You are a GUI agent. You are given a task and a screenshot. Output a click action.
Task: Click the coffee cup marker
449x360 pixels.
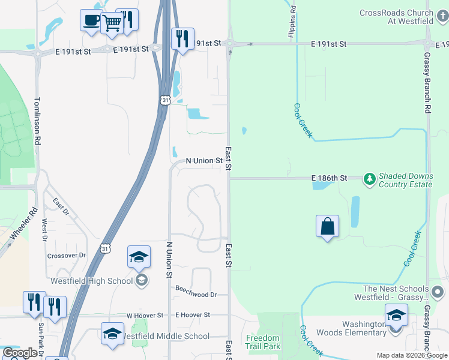pyautogui.click(x=91, y=20)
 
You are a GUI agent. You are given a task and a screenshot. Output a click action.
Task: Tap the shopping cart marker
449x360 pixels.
pyautogui.click(x=111, y=23)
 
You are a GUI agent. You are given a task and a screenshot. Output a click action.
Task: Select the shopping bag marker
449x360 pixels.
pyautogui.click(x=327, y=227)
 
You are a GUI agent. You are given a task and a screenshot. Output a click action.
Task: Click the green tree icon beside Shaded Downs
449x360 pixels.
pyautogui.click(x=369, y=179)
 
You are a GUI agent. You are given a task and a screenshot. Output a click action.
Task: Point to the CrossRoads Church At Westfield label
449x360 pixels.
pyautogui.click(x=396, y=17)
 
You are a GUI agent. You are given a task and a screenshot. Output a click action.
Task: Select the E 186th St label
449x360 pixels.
pyautogui.click(x=329, y=178)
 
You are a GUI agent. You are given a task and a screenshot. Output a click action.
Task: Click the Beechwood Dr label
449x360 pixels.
pyautogui.click(x=196, y=295)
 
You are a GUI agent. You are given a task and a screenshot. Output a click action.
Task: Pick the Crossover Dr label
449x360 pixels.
pyautogui.click(x=67, y=256)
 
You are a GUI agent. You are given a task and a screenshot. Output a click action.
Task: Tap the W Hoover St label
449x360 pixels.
pyautogui.click(x=145, y=315)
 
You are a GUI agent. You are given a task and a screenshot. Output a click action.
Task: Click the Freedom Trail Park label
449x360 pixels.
pyautogui.click(x=263, y=342)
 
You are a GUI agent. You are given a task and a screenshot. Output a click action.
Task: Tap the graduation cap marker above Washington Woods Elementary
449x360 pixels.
pyautogui.click(x=396, y=314)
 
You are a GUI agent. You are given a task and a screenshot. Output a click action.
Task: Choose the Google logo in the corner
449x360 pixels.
pyautogui.click(x=20, y=353)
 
